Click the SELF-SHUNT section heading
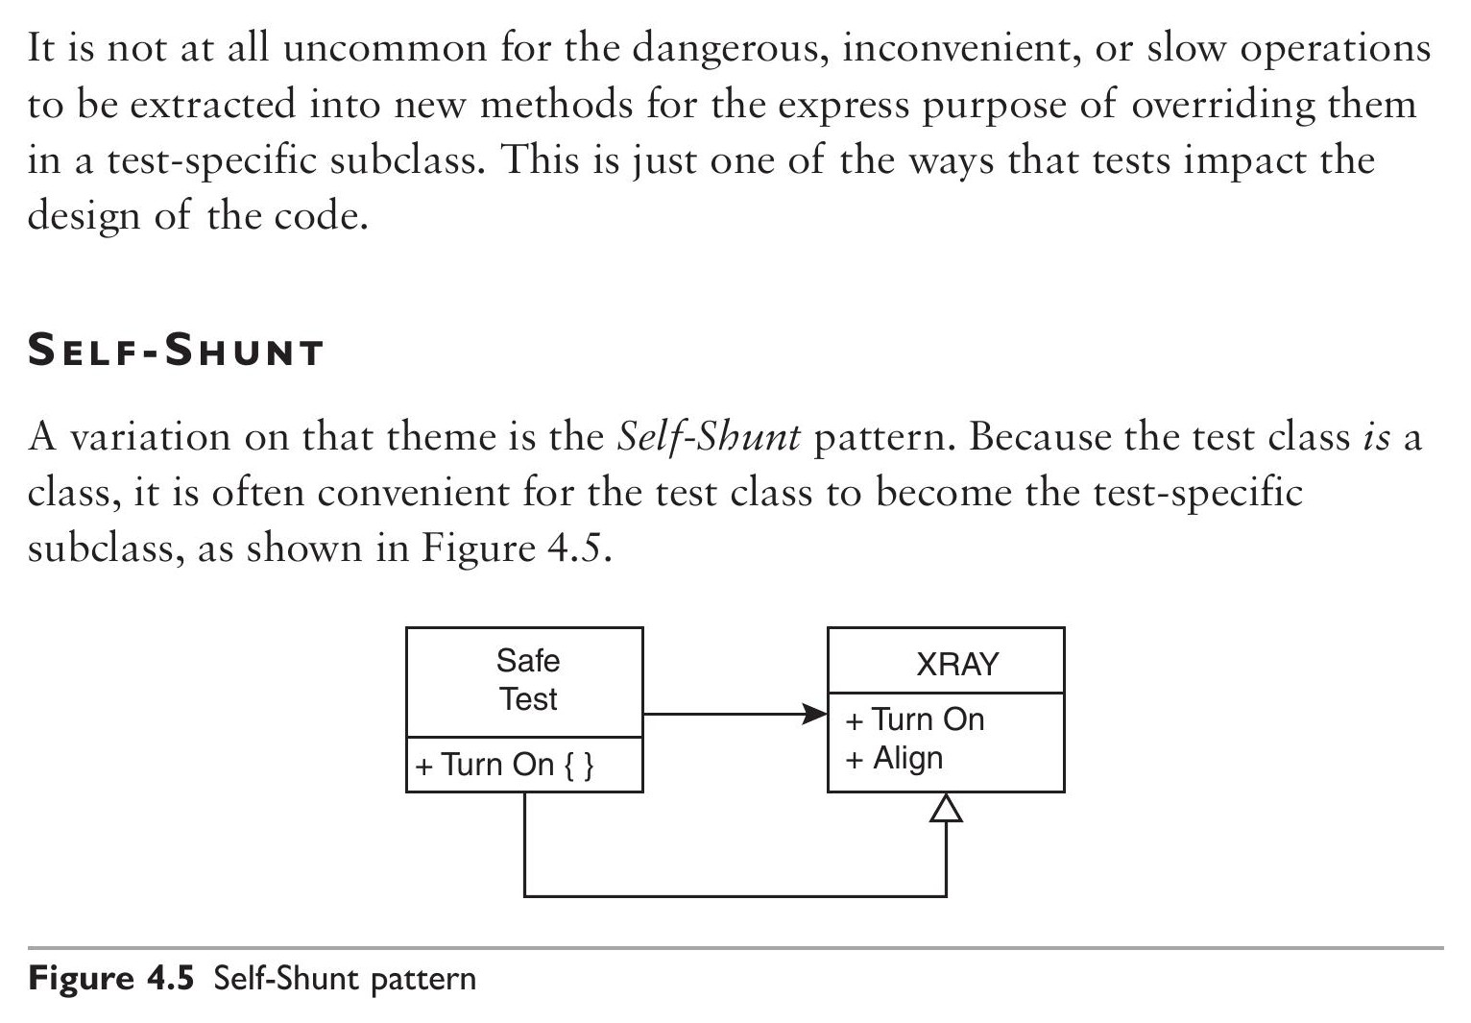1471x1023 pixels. (x=176, y=350)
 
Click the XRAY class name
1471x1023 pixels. (x=957, y=664)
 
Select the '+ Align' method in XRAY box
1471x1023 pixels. (x=895, y=759)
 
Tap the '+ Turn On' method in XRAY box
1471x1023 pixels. (x=915, y=719)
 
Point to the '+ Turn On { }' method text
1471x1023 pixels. (x=504, y=765)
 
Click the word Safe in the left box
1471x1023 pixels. (x=528, y=660)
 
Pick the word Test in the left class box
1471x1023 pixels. (x=528, y=698)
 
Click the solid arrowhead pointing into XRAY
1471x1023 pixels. (x=815, y=714)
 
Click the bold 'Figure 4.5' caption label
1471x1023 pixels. (x=111, y=978)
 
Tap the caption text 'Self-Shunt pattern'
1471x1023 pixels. (x=345, y=979)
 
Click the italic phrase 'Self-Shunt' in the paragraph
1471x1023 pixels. (x=709, y=437)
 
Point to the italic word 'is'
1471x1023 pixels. (x=1377, y=437)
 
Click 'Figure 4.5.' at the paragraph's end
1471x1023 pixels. (x=517, y=548)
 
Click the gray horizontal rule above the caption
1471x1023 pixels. (x=735, y=948)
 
